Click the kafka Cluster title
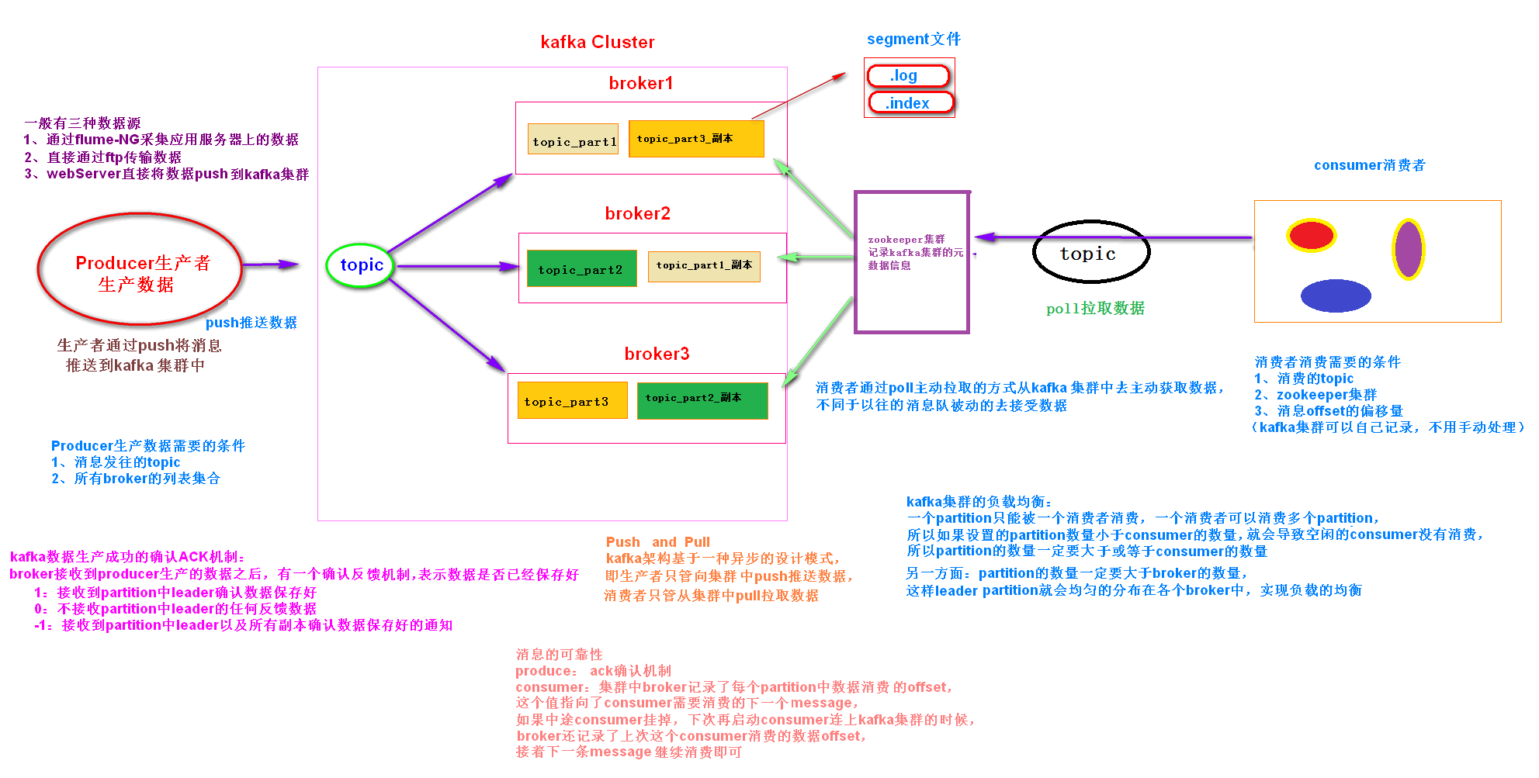tap(597, 42)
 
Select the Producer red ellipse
tap(140, 269)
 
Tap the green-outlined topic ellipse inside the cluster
tap(361, 265)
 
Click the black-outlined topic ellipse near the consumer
tap(1090, 252)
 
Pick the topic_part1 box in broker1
tap(574, 140)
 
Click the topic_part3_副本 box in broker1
tap(695, 139)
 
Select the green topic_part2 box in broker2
tap(581, 268)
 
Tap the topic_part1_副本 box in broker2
tap(703, 265)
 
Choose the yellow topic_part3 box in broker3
tap(572, 400)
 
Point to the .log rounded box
tap(907, 75)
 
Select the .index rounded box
tap(910, 102)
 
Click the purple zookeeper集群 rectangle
tap(912, 262)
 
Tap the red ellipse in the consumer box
tap(1311, 235)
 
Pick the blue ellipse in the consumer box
tap(1335, 296)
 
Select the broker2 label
tap(637, 213)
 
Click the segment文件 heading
tap(913, 39)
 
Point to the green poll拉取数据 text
tap(1094, 308)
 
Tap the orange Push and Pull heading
tap(657, 541)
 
